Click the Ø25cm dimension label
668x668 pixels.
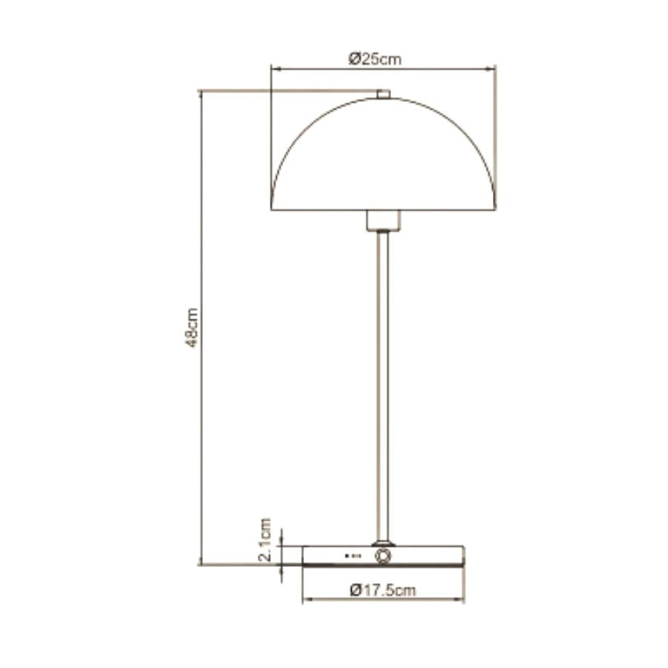375,59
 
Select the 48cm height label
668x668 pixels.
192,328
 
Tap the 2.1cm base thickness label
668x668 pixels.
265,540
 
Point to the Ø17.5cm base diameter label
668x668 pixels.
383,590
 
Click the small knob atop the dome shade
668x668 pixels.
383,94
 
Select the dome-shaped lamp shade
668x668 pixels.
383,154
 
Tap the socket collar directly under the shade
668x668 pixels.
383,221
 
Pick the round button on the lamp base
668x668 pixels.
383,556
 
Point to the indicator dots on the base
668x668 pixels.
353,556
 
